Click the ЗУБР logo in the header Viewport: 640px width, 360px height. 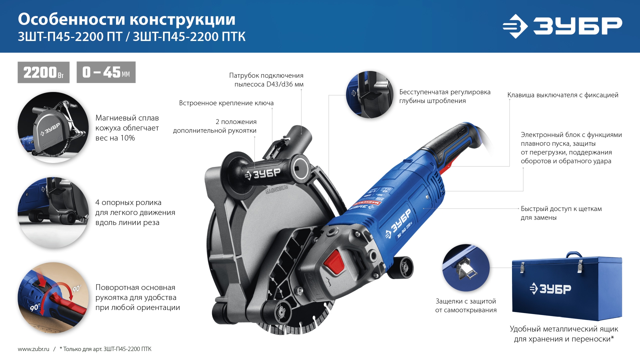[562, 26]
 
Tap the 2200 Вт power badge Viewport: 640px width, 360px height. [43, 72]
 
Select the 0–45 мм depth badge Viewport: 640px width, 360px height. [106, 72]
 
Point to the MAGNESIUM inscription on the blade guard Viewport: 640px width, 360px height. [276, 190]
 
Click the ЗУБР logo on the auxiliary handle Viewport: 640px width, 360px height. [263, 174]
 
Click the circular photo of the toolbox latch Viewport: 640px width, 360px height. [466, 268]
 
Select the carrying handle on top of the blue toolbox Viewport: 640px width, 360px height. [574, 255]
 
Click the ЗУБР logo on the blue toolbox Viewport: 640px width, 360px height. [551, 289]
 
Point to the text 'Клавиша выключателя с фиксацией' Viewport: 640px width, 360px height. [563, 95]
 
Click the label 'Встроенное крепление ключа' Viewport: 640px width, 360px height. [226, 103]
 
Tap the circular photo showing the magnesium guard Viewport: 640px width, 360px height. [53, 128]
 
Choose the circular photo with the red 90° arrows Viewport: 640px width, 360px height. [53, 298]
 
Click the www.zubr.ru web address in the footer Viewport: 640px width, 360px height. [33, 349]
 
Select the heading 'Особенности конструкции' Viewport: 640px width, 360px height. [127, 19]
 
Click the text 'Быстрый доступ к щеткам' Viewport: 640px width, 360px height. [561, 209]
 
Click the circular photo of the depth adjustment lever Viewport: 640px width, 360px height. [370, 95]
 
